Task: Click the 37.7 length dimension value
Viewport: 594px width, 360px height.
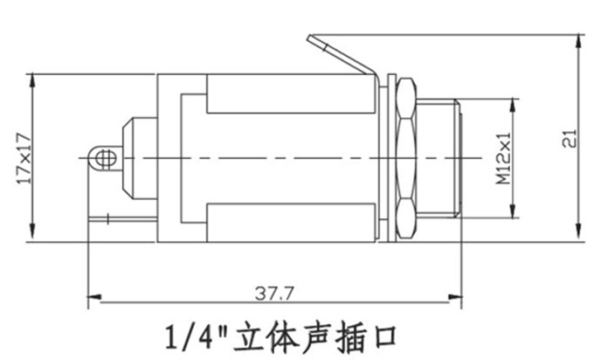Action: [x=274, y=294]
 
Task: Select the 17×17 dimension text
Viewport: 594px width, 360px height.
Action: [x=24, y=158]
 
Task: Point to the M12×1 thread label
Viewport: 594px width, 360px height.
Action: [x=503, y=158]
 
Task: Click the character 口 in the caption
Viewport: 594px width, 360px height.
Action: [x=383, y=336]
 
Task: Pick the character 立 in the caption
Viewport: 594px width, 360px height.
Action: [x=247, y=336]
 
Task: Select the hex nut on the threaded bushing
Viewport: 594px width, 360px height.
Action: [x=405, y=158]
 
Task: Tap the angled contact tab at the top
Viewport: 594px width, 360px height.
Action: [x=342, y=56]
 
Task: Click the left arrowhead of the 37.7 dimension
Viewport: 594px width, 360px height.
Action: [x=94, y=297]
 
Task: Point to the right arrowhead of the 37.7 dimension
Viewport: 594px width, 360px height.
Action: [x=455, y=297]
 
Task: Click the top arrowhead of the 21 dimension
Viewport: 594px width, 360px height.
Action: [x=578, y=41]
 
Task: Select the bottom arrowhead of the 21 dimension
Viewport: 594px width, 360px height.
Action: [x=578, y=232]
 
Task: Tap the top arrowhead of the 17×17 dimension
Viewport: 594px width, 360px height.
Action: [x=32, y=80]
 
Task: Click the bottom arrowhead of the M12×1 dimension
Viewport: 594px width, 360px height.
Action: [x=513, y=211]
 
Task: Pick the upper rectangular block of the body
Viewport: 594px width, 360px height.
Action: [x=291, y=93]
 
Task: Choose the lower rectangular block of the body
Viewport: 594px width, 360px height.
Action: [x=291, y=223]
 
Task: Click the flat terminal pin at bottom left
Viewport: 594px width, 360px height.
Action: [x=122, y=219]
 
